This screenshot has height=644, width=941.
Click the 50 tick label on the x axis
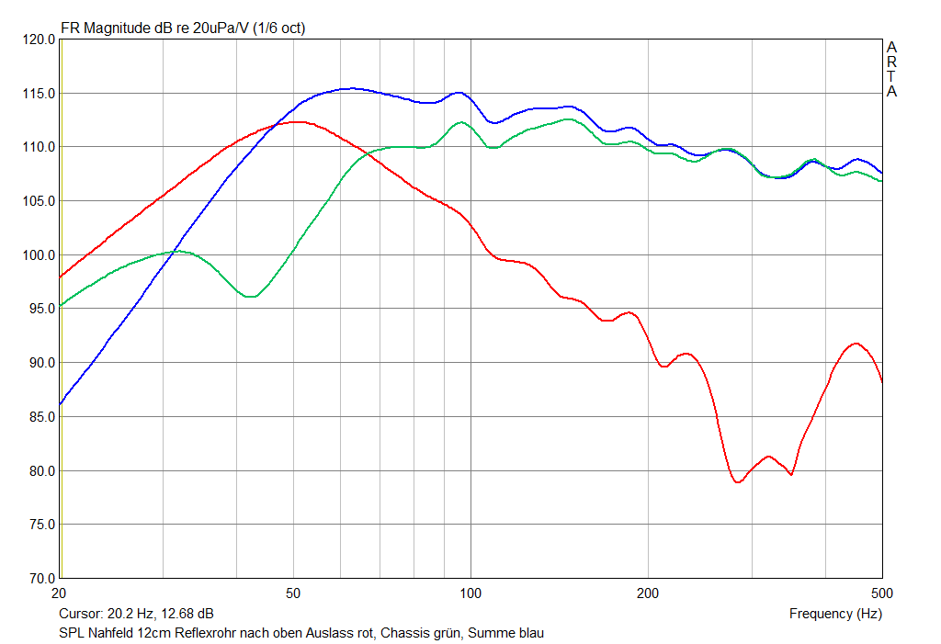293,593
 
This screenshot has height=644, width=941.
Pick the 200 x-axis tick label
649,593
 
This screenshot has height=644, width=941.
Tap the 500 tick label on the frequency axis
881,593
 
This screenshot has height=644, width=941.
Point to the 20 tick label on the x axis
60,593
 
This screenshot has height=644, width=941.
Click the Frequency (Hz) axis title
835,614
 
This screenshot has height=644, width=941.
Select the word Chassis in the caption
406,633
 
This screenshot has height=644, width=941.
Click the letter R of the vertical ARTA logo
891,62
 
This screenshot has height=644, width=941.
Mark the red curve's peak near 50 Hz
296,121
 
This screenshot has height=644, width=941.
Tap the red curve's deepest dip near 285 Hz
738,482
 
